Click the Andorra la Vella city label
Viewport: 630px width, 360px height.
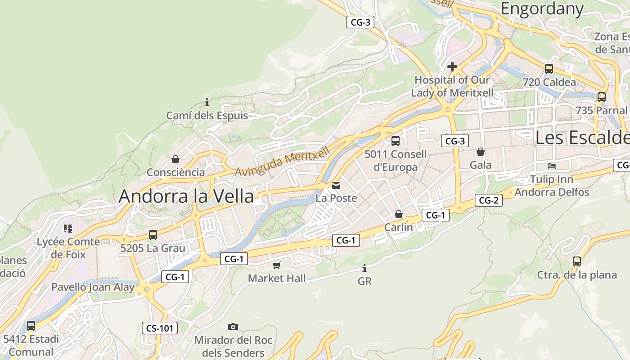click(x=186, y=197)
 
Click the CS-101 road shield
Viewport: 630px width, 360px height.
click(x=160, y=328)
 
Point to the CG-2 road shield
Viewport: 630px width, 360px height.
click(x=488, y=200)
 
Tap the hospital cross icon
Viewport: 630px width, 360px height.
click(x=452, y=67)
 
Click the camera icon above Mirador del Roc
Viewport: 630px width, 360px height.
click(x=233, y=327)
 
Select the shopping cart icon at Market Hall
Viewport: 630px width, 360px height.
click(x=276, y=265)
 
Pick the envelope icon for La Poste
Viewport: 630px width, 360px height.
click(x=336, y=185)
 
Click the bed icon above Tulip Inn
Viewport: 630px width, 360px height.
click(x=551, y=166)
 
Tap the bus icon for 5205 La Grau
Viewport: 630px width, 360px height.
click(x=153, y=234)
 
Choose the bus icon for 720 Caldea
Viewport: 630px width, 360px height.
click(x=549, y=68)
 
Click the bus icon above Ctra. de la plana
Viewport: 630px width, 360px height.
click(x=577, y=261)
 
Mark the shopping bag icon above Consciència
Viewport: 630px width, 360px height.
click(x=175, y=159)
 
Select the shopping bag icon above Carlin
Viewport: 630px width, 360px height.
click(x=398, y=214)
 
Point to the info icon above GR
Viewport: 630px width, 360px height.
click(x=364, y=269)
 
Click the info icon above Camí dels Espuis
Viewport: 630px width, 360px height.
click(x=207, y=102)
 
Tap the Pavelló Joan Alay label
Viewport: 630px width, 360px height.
click(x=93, y=287)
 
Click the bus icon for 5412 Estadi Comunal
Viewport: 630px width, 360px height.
click(x=31, y=325)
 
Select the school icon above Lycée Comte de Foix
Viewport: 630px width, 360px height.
click(x=68, y=229)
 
